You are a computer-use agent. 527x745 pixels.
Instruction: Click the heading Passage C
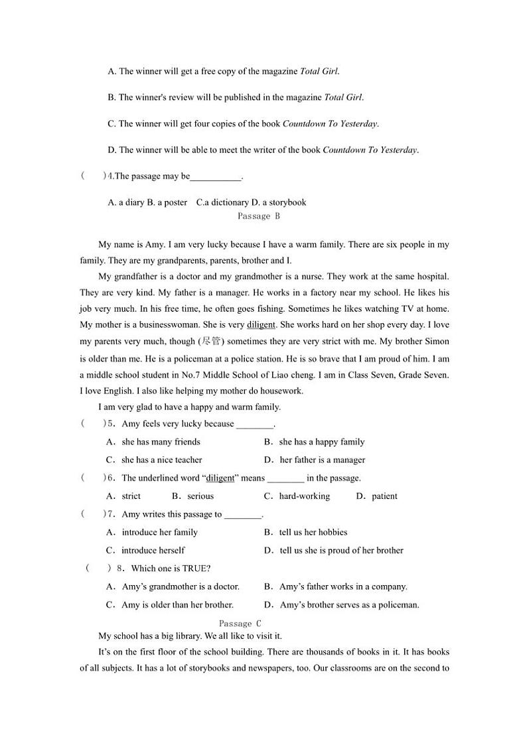click(x=240, y=624)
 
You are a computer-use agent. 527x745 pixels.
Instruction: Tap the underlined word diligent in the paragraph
click(x=261, y=325)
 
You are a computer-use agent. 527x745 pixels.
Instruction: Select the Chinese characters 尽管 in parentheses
click(x=212, y=341)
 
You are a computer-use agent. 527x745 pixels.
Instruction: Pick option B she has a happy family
click(x=314, y=442)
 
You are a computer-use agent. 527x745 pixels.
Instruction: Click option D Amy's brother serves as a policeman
click(x=341, y=604)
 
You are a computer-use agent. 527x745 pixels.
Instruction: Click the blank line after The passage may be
click(x=216, y=177)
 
